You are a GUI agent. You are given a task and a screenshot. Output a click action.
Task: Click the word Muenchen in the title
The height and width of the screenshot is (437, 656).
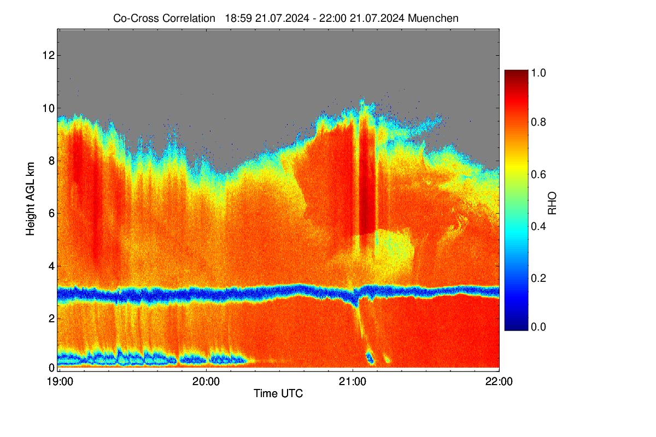coord(433,19)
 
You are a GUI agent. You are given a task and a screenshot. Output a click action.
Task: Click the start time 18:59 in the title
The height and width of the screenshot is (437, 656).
coord(238,19)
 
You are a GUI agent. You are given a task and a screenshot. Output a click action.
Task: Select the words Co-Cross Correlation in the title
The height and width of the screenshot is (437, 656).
coord(164,19)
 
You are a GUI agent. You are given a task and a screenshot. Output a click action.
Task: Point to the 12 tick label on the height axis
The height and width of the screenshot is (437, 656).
coord(49,55)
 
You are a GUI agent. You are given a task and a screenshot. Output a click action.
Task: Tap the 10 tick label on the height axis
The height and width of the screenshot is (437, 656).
coord(49,108)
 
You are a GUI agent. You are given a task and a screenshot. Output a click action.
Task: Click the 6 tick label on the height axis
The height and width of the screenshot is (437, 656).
coord(52,214)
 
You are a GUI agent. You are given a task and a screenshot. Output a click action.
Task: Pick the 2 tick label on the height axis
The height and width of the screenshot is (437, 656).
coord(52,318)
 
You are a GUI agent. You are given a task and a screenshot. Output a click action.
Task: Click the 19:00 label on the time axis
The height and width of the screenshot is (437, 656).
coord(60,382)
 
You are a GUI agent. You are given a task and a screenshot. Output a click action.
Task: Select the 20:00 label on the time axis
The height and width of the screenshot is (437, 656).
coord(206,382)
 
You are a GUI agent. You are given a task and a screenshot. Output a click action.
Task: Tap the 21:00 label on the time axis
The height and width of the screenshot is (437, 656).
coord(353,382)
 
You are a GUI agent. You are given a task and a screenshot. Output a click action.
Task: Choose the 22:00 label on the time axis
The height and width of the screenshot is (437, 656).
coord(499,382)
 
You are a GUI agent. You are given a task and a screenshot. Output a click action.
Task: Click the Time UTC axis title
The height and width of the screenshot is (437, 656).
coord(278,393)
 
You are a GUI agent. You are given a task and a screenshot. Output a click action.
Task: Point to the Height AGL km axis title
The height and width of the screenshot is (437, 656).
coord(30,199)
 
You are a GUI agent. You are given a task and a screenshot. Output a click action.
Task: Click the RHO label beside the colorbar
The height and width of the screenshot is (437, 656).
coord(552,203)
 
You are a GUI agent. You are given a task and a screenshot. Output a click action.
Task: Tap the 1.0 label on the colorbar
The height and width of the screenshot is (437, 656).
coord(538,73)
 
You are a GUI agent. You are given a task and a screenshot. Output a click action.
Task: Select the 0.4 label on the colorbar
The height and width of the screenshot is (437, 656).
coord(538,226)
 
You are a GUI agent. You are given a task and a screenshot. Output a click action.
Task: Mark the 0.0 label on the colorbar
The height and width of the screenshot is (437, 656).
coord(538,327)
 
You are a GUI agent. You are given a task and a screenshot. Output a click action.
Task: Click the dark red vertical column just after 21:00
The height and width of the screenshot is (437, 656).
coord(367,181)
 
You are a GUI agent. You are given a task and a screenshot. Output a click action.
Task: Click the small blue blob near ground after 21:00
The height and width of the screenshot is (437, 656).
coord(370,358)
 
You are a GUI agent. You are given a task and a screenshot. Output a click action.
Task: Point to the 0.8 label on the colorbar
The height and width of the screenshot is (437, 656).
coord(538,122)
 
